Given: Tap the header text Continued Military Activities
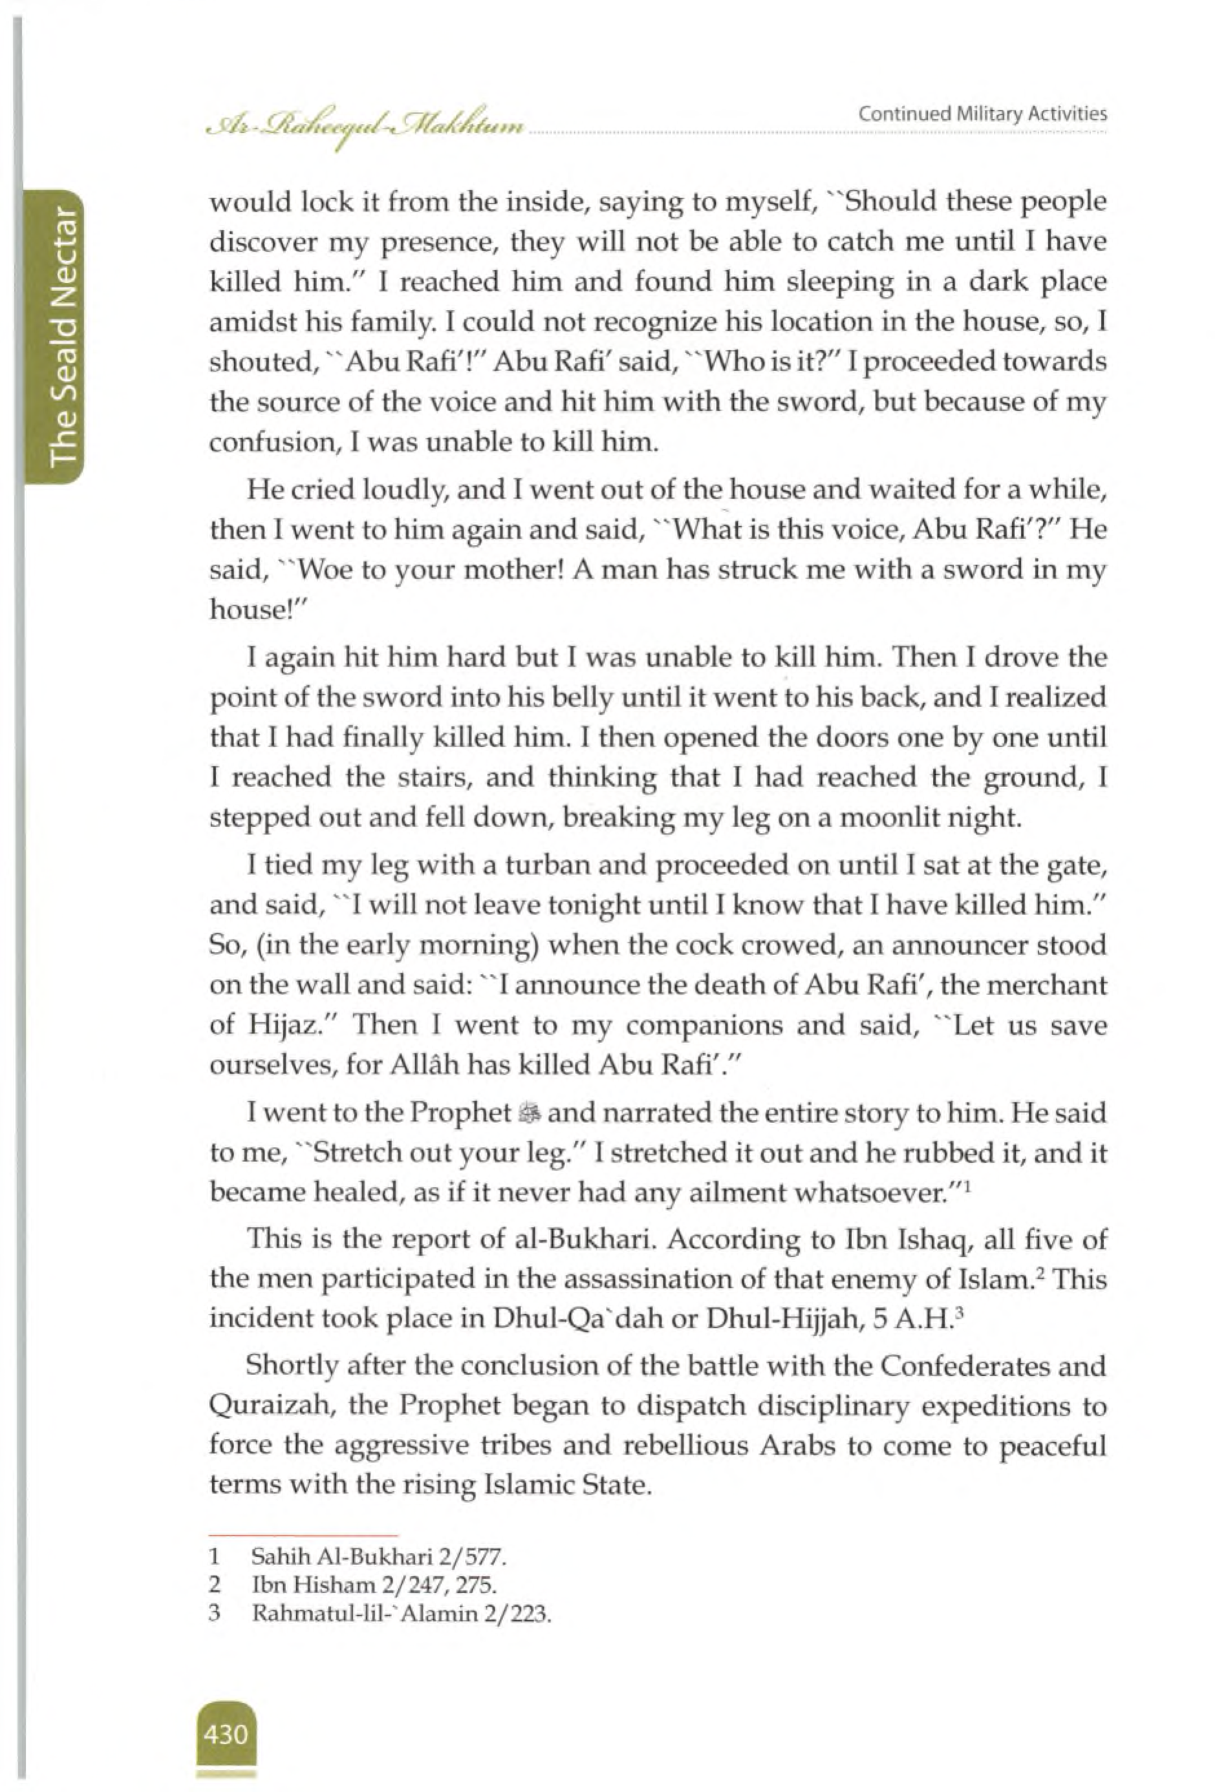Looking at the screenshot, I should click(982, 114).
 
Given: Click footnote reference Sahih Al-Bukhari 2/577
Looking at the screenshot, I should click(379, 1557).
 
